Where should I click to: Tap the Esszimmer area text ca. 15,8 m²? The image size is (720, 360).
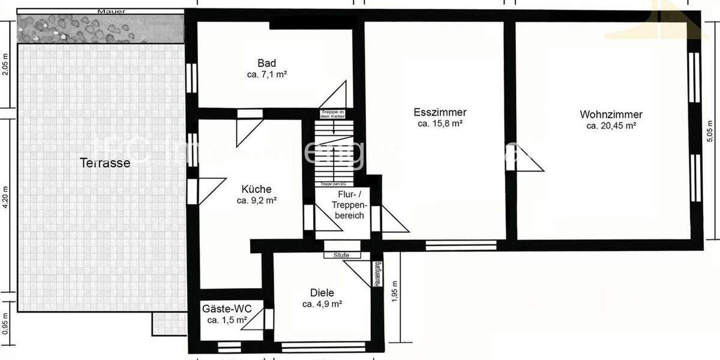click(x=440, y=124)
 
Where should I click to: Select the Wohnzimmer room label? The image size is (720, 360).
click(x=611, y=115)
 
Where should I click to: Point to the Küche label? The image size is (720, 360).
click(x=256, y=189)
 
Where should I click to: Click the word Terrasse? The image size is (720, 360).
click(x=104, y=163)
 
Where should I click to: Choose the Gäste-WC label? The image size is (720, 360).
click(x=227, y=309)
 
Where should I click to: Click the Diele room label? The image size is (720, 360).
click(x=322, y=293)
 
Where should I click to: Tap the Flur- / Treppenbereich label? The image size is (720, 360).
click(x=343, y=204)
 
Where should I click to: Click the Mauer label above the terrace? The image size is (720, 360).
click(x=99, y=11)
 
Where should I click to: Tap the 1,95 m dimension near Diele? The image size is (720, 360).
click(x=394, y=291)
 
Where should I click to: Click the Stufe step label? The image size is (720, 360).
click(x=341, y=255)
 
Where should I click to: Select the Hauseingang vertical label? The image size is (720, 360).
click(x=378, y=275)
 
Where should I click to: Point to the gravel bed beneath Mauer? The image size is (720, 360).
click(x=99, y=28)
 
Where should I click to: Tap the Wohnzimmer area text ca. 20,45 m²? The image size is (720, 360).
click(x=611, y=126)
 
